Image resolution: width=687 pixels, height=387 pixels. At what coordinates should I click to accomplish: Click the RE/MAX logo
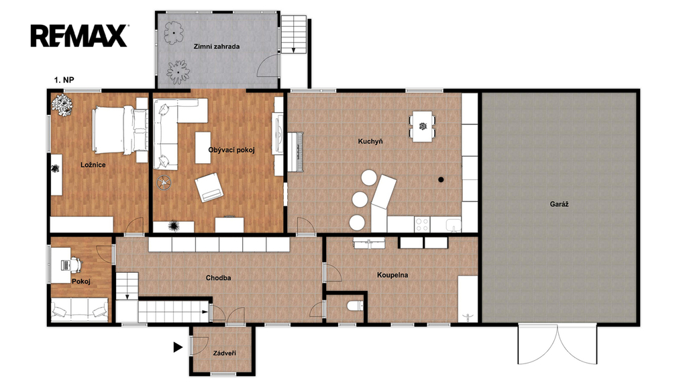pyautogui.click(x=79, y=36)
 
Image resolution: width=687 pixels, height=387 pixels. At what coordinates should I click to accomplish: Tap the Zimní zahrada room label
pyautogui.click(x=217, y=46)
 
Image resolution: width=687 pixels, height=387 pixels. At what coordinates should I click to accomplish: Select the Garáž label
pyautogui.click(x=559, y=204)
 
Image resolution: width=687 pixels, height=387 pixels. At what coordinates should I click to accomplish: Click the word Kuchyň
pyautogui.click(x=370, y=141)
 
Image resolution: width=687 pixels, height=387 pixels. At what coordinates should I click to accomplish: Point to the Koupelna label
pyautogui.click(x=392, y=275)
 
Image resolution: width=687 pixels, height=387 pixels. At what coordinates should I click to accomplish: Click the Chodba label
pyautogui.click(x=218, y=277)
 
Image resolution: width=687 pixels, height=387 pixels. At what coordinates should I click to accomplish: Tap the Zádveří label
pyautogui.click(x=225, y=353)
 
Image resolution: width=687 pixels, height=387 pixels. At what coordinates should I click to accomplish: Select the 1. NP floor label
pyautogui.click(x=64, y=80)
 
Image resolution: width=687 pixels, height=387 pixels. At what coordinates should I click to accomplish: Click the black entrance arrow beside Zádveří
pyautogui.click(x=178, y=347)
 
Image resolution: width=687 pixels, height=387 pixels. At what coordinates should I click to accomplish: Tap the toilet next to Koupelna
pyautogui.click(x=355, y=305)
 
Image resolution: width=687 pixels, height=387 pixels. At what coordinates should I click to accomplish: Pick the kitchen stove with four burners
pyautogui.click(x=422, y=224)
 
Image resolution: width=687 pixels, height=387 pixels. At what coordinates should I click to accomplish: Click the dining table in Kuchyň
pyautogui.click(x=423, y=127)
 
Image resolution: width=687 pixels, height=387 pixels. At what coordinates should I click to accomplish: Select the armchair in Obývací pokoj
pyautogui.click(x=209, y=187)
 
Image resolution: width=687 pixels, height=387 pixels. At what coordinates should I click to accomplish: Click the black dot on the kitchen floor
pyautogui.click(x=441, y=179)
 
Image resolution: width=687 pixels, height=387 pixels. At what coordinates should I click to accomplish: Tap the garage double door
pyautogui.click(x=558, y=345)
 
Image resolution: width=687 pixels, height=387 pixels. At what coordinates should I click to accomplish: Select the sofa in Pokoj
pyautogui.click(x=79, y=309)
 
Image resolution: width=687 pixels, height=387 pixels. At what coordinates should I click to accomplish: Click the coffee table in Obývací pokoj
pyautogui.click(x=203, y=147)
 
